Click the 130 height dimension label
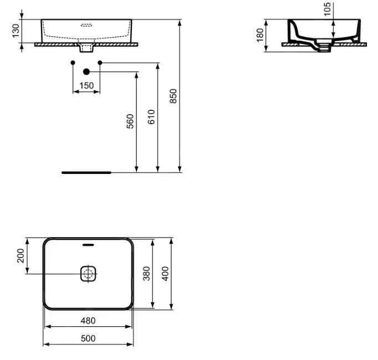tap(16, 30)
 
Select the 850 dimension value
tap(173, 96)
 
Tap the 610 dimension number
tap(151, 117)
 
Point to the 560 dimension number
tap(130, 121)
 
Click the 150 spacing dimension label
tap(86, 85)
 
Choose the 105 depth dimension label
tap(327, 9)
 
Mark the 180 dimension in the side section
tap(260, 35)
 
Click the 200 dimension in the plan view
tap(21, 256)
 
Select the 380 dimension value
tap(146, 274)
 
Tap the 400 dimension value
tap(165, 274)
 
